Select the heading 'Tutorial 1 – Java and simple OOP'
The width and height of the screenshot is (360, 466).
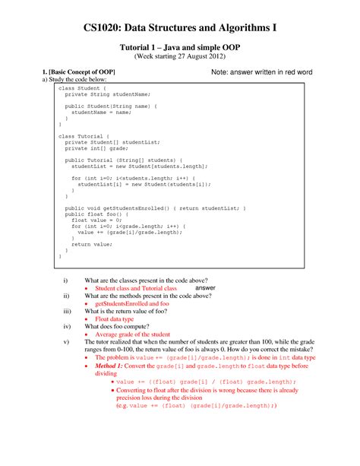coord(180,46)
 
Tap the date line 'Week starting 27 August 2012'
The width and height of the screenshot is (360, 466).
coord(180,56)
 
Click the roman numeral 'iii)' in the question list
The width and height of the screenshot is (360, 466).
coord(66,312)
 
